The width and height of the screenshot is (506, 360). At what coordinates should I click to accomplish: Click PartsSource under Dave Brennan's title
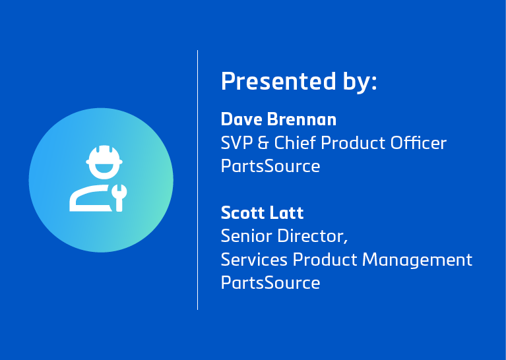coord(270,166)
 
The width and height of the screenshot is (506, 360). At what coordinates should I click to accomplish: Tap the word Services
coord(254,260)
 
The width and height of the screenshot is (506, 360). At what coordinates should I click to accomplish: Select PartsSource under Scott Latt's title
coord(270,283)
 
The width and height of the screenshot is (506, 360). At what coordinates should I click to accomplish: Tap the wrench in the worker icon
coord(119,196)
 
